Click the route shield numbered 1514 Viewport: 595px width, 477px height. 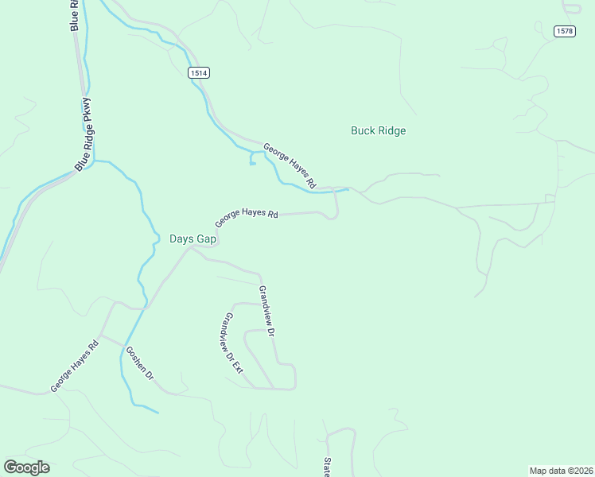pyautogui.click(x=199, y=73)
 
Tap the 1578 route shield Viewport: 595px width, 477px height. pyautogui.click(x=565, y=31)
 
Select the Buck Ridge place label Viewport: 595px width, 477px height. pyautogui.click(x=378, y=130)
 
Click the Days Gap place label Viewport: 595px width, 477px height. pyautogui.click(x=193, y=238)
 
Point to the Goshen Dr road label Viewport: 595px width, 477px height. pyautogui.click(x=139, y=363)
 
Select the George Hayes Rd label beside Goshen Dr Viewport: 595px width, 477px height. pyautogui.click(x=75, y=366)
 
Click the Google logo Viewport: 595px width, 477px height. pyautogui.click(x=26, y=467)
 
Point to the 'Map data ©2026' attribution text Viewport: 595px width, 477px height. pyautogui.click(x=561, y=471)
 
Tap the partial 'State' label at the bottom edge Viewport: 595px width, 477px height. pyautogui.click(x=327, y=467)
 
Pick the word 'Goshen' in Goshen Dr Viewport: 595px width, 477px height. pyautogui.click(x=136, y=358)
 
